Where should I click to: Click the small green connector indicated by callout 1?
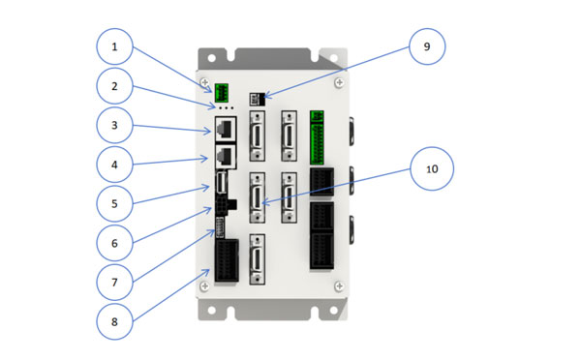point(222,93)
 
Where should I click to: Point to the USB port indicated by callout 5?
point(222,184)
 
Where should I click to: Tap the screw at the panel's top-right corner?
point(338,84)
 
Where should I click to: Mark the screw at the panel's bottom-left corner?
point(204,286)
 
